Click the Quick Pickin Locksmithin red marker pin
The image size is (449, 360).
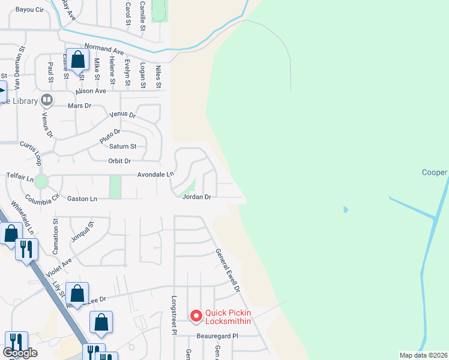[x=196, y=316]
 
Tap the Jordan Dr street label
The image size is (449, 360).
[x=197, y=197]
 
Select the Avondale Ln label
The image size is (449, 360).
[x=155, y=174]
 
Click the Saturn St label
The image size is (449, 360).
[x=123, y=146]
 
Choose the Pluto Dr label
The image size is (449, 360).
[x=110, y=136]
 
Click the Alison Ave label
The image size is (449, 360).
[x=91, y=91]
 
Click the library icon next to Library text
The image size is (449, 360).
[x=46, y=100]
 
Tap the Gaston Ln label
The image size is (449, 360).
[x=82, y=199]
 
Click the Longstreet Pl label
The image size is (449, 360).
[x=173, y=315]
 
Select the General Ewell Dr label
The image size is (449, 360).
[x=228, y=271]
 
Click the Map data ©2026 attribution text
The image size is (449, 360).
[x=423, y=355]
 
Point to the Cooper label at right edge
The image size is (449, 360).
[x=434, y=173]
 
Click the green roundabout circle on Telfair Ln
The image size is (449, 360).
[x=41, y=181]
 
